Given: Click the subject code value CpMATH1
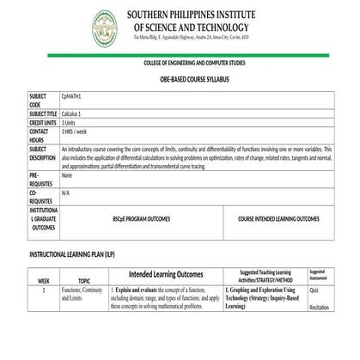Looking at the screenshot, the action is [72, 98].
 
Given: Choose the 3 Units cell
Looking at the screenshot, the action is [70, 123].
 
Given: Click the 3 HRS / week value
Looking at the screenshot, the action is [76, 132].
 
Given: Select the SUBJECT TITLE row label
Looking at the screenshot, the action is [43, 113].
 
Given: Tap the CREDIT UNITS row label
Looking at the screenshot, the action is [43, 123].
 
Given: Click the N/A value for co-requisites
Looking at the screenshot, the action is [66, 193].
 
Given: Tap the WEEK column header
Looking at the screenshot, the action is [44, 281].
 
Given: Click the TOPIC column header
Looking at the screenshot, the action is [84, 281].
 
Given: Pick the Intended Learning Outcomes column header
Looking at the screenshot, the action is [166, 275].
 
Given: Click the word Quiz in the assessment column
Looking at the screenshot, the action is [314, 290].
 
